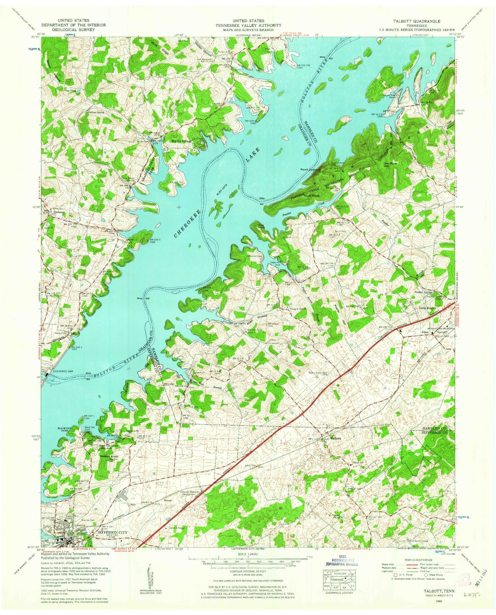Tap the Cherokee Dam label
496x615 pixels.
[63, 372]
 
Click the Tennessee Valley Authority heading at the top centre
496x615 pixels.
[248, 25]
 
